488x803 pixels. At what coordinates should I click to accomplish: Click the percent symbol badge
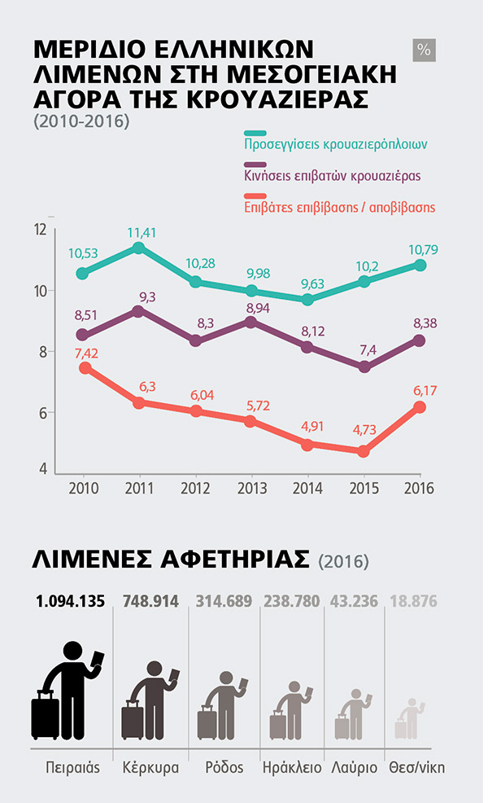pyautogui.click(x=424, y=50)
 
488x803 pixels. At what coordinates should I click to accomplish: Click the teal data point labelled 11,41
pyautogui.click(x=139, y=248)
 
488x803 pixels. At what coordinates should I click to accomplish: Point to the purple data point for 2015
pyautogui.click(x=364, y=367)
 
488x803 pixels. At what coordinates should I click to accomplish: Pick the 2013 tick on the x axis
pyautogui.click(x=251, y=488)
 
